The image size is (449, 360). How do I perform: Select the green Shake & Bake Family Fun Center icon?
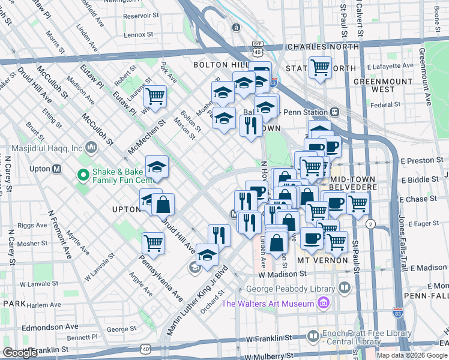(82, 175)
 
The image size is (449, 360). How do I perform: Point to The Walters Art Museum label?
(268, 303)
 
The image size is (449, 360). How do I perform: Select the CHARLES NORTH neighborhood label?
(322, 47)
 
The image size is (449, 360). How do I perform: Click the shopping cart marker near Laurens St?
(155, 96)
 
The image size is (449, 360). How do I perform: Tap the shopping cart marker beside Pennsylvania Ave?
(153, 243)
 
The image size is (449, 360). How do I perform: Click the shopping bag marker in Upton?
(163, 204)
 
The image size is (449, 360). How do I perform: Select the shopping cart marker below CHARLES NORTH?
(320, 67)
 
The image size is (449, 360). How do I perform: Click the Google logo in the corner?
(20, 353)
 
